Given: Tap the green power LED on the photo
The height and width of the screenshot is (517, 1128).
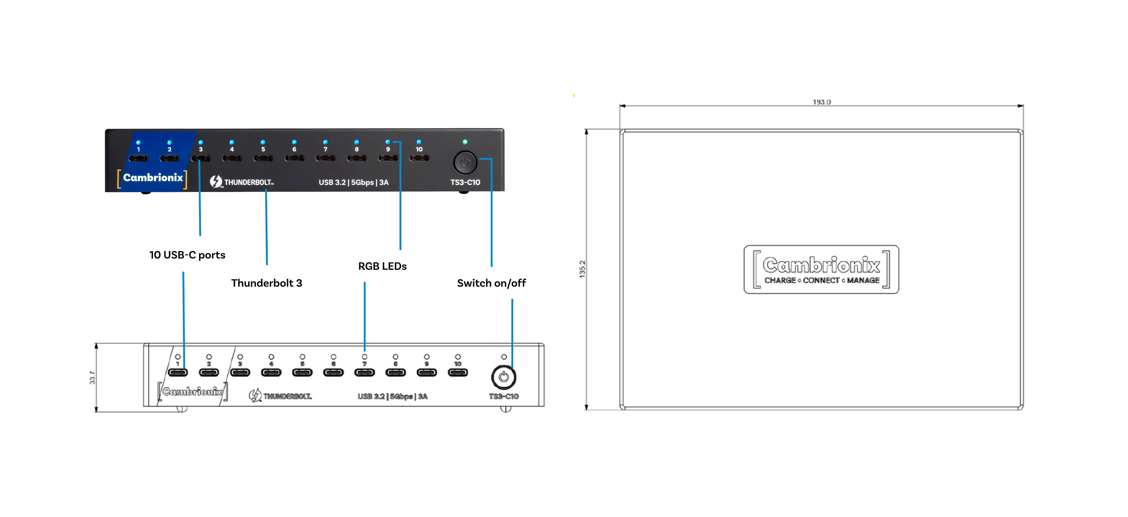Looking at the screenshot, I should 465,142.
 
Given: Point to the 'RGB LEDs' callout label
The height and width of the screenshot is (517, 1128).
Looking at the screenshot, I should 382,266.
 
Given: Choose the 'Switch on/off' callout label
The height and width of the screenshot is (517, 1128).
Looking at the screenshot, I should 491,283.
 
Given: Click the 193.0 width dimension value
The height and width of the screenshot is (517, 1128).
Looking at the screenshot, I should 822,102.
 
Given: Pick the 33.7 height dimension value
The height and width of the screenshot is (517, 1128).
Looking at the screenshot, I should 92,377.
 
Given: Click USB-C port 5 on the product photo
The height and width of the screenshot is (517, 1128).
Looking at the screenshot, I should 263,158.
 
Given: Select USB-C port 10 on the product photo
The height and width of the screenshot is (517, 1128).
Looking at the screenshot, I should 419,158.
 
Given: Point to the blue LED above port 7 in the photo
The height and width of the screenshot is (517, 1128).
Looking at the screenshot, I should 325,142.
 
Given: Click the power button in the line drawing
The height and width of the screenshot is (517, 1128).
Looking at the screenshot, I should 504,377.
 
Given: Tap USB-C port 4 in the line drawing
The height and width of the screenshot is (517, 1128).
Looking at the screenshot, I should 271,372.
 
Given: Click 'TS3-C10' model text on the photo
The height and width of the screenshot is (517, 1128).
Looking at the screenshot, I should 465,182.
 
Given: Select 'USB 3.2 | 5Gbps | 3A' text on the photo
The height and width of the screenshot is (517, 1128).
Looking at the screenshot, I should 353,182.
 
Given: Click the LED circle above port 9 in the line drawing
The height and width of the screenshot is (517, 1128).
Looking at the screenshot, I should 427,357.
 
